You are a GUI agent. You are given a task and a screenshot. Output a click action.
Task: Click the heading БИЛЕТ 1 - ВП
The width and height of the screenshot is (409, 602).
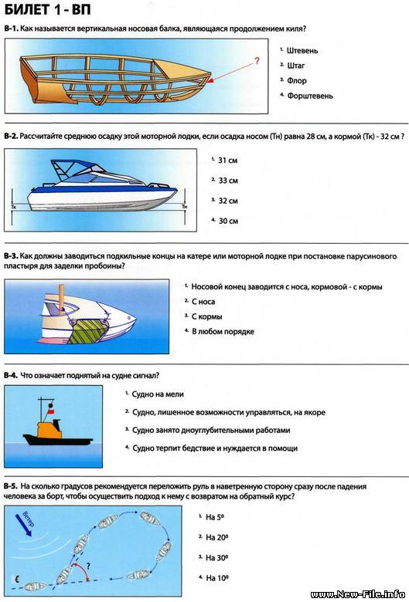(48, 8)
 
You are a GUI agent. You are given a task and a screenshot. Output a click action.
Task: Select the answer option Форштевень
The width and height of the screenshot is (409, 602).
(310, 96)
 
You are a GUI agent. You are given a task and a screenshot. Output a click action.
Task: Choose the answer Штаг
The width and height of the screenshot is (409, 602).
(296, 66)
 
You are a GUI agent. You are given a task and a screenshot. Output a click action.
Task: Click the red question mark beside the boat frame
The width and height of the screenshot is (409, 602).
(257, 61)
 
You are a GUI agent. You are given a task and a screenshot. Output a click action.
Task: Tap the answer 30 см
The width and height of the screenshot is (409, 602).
(228, 222)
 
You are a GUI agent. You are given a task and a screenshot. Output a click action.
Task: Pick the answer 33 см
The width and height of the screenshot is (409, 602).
(228, 181)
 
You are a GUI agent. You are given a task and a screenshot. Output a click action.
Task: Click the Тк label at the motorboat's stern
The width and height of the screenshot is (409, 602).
(13, 207)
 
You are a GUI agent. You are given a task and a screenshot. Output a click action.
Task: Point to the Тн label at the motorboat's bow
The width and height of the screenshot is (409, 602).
(185, 207)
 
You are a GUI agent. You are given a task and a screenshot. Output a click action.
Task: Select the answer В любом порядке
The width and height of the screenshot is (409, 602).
(223, 332)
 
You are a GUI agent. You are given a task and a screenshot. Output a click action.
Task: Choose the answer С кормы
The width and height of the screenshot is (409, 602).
(207, 316)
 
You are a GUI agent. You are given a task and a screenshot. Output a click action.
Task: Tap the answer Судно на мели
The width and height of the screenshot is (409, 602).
(158, 394)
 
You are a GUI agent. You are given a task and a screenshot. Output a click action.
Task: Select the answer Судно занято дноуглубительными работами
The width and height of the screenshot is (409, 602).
(211, 431)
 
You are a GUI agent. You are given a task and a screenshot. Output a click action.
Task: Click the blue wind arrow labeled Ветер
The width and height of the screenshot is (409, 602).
(22, 524)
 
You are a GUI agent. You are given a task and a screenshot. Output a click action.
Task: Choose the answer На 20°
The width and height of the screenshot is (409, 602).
(217, 537)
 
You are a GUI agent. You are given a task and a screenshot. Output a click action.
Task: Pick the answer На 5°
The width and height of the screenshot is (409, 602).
(215, 517)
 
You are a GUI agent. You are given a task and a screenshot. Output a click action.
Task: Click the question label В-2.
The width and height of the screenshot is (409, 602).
(11, 137)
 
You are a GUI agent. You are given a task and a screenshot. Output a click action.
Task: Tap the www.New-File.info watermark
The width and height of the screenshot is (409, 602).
(358, 595)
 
